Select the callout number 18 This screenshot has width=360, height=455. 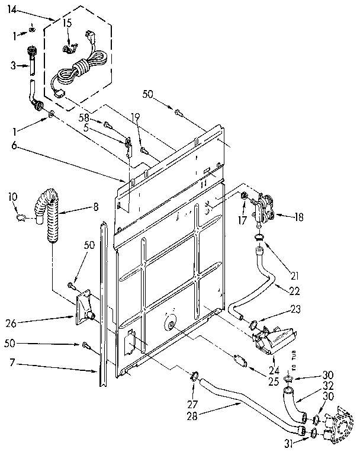pyautogui.click(x=298, y=217)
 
